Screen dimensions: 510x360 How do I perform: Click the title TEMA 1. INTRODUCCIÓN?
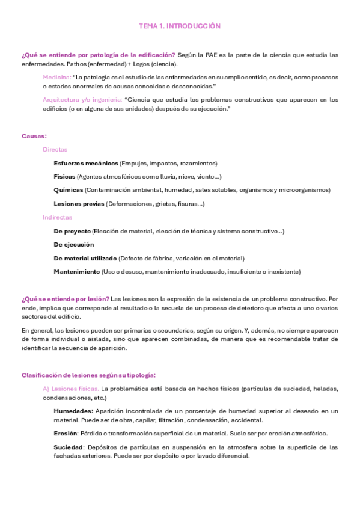[180, 26]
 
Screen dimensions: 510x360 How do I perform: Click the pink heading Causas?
[34, 136]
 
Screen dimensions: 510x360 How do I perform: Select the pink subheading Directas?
[55, 149]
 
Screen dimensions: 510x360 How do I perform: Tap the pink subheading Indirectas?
[57, 217]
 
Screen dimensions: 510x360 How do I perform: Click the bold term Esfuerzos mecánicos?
[85, 163]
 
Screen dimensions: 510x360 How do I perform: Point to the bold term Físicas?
[64, 176]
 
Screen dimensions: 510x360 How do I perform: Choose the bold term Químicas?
[68, 190]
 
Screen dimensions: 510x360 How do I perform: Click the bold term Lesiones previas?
[79, 204]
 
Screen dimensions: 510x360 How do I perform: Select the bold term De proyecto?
[72, 231]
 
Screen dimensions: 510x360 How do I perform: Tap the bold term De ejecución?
[73, 245]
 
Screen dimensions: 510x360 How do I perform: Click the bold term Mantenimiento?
[76, 272]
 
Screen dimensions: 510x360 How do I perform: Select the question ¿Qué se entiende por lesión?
[65, 299]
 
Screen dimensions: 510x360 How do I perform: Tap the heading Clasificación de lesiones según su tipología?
[88, 375]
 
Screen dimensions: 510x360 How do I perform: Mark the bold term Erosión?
[66, 433]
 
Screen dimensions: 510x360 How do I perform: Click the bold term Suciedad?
[69, 447]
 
